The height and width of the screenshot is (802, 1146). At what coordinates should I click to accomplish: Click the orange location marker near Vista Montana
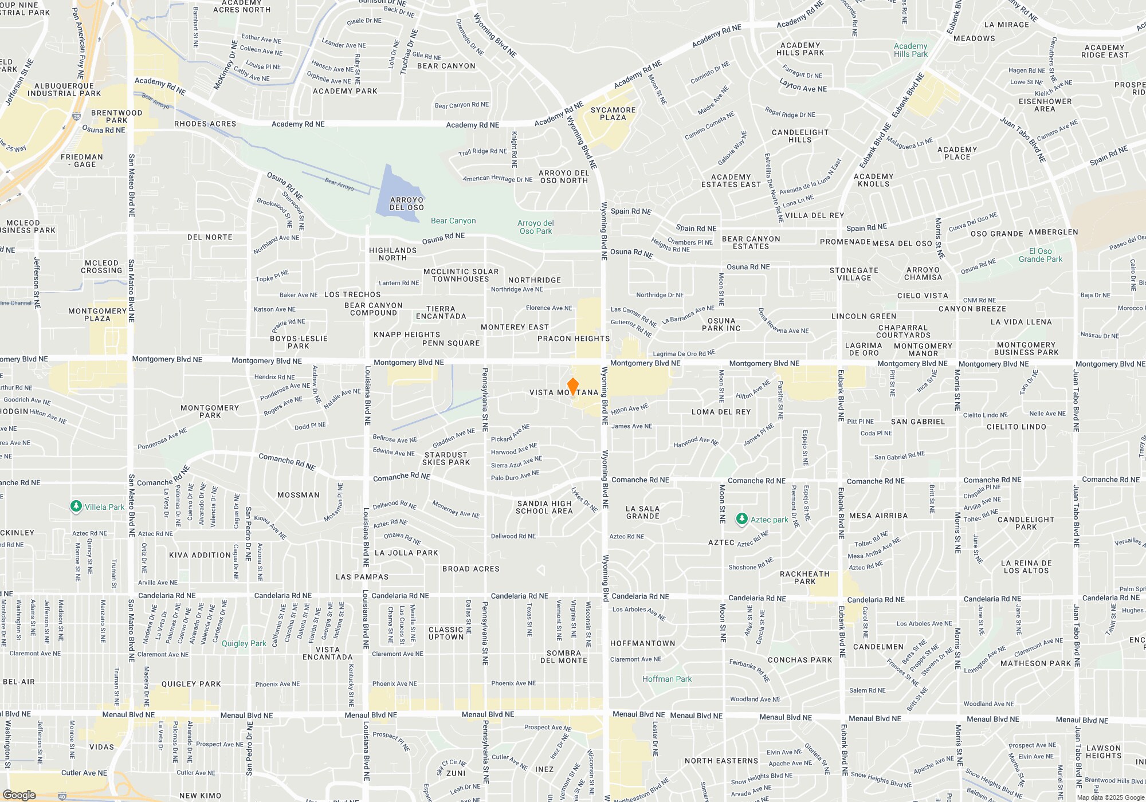pyautogui.click(x=572, y=386)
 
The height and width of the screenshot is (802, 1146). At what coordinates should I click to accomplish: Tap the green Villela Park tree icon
pyautogui.click(x=76, y=506)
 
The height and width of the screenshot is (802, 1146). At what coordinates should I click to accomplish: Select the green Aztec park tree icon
pyautogui.click(x=741, y=519)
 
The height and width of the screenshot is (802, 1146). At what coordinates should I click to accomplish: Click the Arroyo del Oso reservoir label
pyautogui.click(x=407, y=204)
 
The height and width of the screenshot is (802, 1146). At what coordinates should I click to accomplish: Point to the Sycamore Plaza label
pyautogui.click(x=613, y=113)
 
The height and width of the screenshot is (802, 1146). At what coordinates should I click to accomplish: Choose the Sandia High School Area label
pyautogui.click(x=544, y=508)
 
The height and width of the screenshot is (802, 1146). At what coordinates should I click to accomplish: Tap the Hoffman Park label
pyautogui.click(x=667, y=679)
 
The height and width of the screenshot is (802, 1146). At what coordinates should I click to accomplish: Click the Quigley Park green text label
pyautogui.click(x=244, y=643)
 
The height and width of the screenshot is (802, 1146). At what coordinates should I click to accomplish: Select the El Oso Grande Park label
pyautogui.click(x=1041, y=255)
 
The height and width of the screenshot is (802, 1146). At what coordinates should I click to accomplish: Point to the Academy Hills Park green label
pyautogui.click(x=910, y=50)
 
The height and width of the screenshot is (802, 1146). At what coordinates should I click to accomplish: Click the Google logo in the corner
pyautogui.click(x=19, y=795)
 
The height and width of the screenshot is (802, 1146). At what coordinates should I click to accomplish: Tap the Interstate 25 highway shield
pyautogui.click(x=77, y=116)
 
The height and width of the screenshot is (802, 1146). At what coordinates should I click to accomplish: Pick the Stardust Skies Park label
pyautogui.click(x=446, y=458)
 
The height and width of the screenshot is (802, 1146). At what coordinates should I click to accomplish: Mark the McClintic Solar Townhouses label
pyautogui.click(x=461, y=276)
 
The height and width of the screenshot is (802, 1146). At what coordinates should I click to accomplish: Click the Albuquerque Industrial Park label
pyautogui.click(x=64, y=89)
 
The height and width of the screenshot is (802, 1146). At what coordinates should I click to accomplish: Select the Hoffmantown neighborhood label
pyautogui.click(x=642, y=643)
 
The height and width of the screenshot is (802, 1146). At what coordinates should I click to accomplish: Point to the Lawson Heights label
pyautogui.click(x=1103, y=752)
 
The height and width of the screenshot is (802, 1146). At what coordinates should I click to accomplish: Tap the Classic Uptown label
pyautogui.click(x=446, y=633)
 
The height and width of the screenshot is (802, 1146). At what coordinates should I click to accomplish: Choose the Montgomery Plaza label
pyautogui.click(x=97, y=314)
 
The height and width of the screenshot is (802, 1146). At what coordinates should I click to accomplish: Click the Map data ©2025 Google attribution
pyautogui.click(x=1110, y=797)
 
